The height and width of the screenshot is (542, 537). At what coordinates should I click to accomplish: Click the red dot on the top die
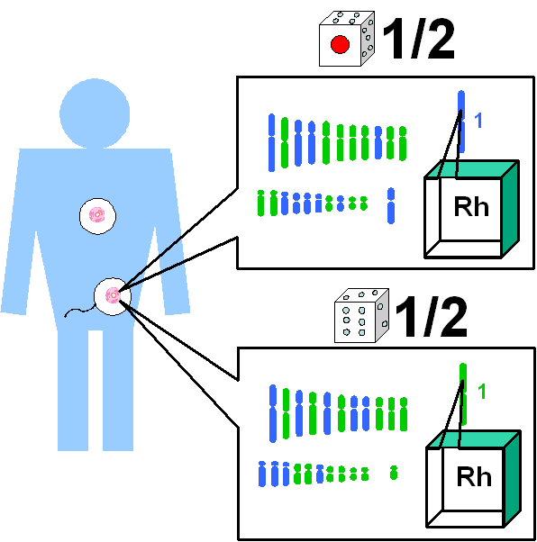pyautogui.click(x=340, y=44)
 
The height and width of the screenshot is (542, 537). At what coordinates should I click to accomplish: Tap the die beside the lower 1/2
pyautogui.click(x=361, y=316)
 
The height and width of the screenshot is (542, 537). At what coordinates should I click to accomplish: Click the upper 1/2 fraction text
pyautogui.click(x=419, y=39)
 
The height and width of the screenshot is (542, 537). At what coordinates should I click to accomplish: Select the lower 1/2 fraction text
pyautogui.click(x=431, y=316)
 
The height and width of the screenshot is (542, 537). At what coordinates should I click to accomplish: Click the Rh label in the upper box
pyautogui.click(x=471, y=207)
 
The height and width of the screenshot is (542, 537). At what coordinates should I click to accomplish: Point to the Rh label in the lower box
pyautogui.click(x=474, y=476)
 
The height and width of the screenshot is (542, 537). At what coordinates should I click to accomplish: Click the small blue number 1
pyautogui.click(x=478, y=121)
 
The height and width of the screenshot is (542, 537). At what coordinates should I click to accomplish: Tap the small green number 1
pyautogui.click(x=482, y=392)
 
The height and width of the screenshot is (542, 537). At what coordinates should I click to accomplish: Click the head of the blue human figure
pyautogui.click(x=95, y=113)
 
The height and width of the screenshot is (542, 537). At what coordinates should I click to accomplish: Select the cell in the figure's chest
pyautogui.click(x=97, y=216)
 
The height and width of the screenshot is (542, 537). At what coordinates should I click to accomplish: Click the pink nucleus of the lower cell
pyautogui.click(x=114, y=295)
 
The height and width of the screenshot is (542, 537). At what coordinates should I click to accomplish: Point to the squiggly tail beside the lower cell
pyautogui.click(x=79, y=312)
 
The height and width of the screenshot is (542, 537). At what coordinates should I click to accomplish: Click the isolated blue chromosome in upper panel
pyautogui.click(x=391, y=205)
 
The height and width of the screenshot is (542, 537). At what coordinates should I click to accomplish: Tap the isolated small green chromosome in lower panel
pyautogui.click(x=394, y=473)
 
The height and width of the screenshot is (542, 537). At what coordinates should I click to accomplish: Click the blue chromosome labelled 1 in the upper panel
pyautogui.click(x=461, y=121)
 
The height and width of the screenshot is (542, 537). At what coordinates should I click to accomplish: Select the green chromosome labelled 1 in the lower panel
pyautogui.click(x=463, y=393)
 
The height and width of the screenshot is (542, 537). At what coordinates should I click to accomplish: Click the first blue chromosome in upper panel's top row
pyautogui.click(x=271, y=142)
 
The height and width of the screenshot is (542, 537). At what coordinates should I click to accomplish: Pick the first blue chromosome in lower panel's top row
pyautogui.click(x=273, y=413)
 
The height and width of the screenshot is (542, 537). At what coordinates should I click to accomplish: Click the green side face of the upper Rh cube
pyautogui.click(x=510, y=209)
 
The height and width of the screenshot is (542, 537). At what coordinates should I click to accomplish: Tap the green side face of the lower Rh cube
pyautogui.click(x=512, y=479)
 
